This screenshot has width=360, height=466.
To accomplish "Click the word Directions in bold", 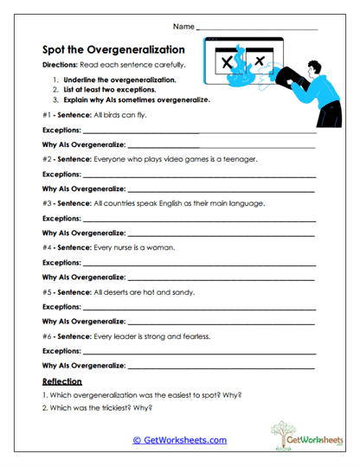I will click(62, 67).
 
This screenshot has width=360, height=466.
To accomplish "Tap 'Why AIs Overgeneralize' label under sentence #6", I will click(83, 365).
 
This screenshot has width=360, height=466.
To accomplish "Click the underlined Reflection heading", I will click(61, 381).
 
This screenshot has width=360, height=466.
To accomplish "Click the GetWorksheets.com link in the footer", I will click(179, 440).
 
